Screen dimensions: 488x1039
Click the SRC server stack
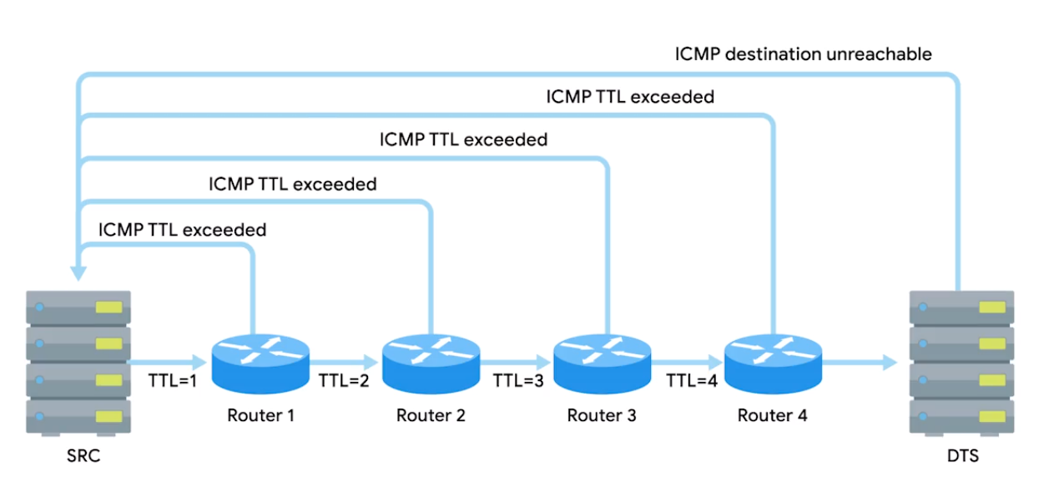[x=78, y=363]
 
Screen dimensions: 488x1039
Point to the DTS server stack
[x=961, y=363]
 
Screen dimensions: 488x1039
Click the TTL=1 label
[x=172, y=381]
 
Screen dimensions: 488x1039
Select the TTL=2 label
[x=344, y=381]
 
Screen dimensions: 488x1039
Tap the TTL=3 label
[x=517, y=381]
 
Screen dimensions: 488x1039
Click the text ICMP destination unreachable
[x=803, y=54]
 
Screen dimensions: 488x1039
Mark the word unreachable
[x=882, y=54]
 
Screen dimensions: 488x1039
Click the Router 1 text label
[x=260, y=415]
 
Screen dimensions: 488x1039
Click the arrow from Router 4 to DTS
[x=860, y=363]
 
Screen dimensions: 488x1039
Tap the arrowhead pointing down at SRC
[x=78, y=272]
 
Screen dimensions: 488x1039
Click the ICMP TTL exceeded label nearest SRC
[x=182, y=229]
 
